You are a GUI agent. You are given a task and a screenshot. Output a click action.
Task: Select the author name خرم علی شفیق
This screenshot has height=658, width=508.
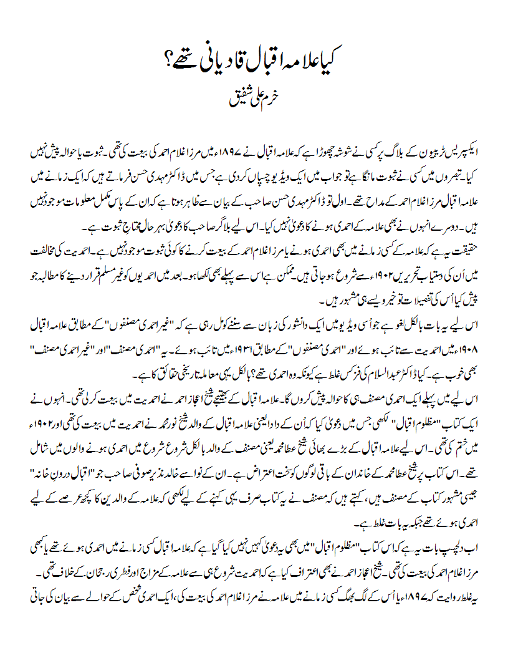coord(255,99)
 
